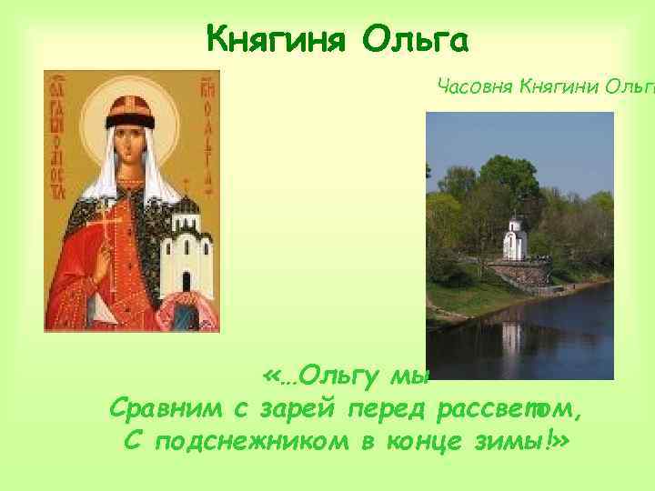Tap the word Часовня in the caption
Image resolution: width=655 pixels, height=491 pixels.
coord(475,87)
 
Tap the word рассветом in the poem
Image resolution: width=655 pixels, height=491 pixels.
coord(509,409)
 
